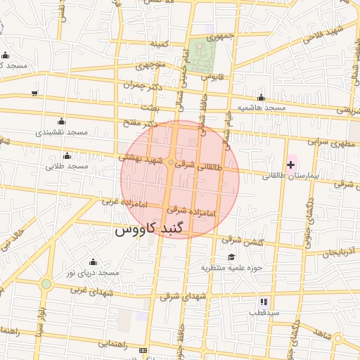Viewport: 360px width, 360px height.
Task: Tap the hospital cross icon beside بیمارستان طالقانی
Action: click(x=291, y=165)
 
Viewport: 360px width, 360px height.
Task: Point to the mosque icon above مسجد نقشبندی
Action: click(x=60, y=121)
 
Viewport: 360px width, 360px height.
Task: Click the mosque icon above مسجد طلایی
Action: click(x=67, y=155)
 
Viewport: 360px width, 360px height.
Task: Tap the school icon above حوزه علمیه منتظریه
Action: click(x=232, y=257)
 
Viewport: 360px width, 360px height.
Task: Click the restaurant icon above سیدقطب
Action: click(x=264, y=301)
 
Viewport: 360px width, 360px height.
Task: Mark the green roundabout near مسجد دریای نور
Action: click(x=46, y=284)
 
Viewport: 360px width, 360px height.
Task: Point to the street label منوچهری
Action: click(x=150, y=67)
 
